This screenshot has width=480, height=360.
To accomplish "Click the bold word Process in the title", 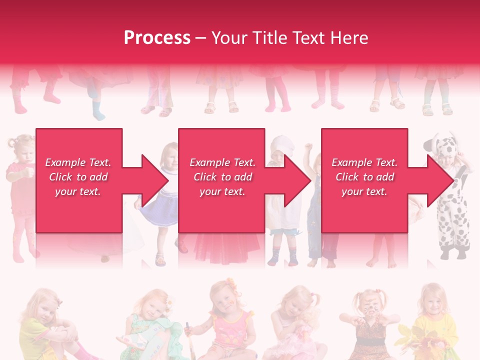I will pos(157,38).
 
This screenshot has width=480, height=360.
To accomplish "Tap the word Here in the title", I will pos(349,38).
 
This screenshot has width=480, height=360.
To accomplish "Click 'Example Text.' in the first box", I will pos(78,162).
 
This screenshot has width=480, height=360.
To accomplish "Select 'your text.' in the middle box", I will pos(222,191).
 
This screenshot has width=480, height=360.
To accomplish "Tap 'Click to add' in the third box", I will pos(364,177).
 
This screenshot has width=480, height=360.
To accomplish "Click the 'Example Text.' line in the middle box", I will pos(222,162).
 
